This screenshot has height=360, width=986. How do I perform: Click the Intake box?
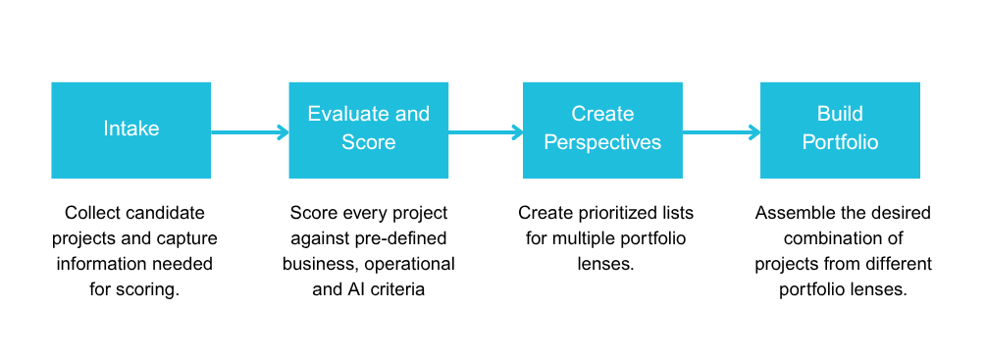[x=131, y=129]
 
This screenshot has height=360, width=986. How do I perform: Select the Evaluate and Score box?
[x=369, y=129]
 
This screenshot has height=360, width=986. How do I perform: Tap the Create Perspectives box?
[x=602, y=129]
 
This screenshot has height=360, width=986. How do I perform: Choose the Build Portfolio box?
[x=840, y=129]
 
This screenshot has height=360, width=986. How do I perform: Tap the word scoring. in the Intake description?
[x=149, y=289]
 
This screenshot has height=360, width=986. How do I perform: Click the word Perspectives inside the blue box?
[x=602, y=142]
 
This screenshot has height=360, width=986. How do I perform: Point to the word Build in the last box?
[x=840, y=114]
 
